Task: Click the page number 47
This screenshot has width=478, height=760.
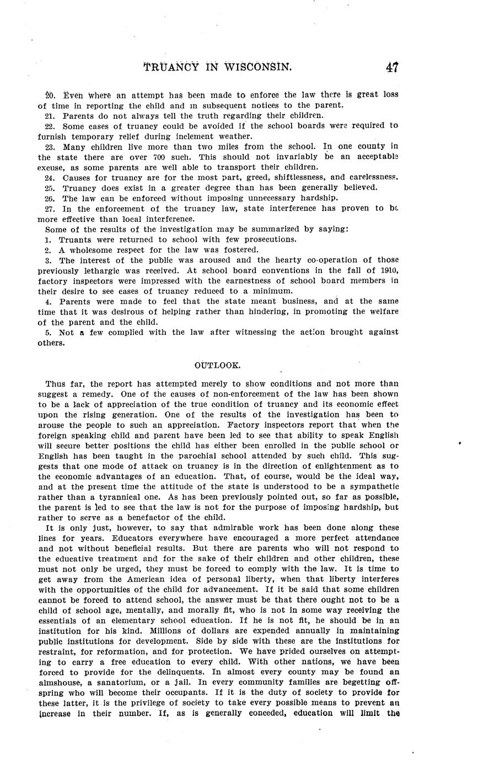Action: tap(392, 67)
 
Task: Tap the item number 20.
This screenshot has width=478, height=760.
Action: tap(50, 94)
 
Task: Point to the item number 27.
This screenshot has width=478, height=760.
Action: tap(50, 208)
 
